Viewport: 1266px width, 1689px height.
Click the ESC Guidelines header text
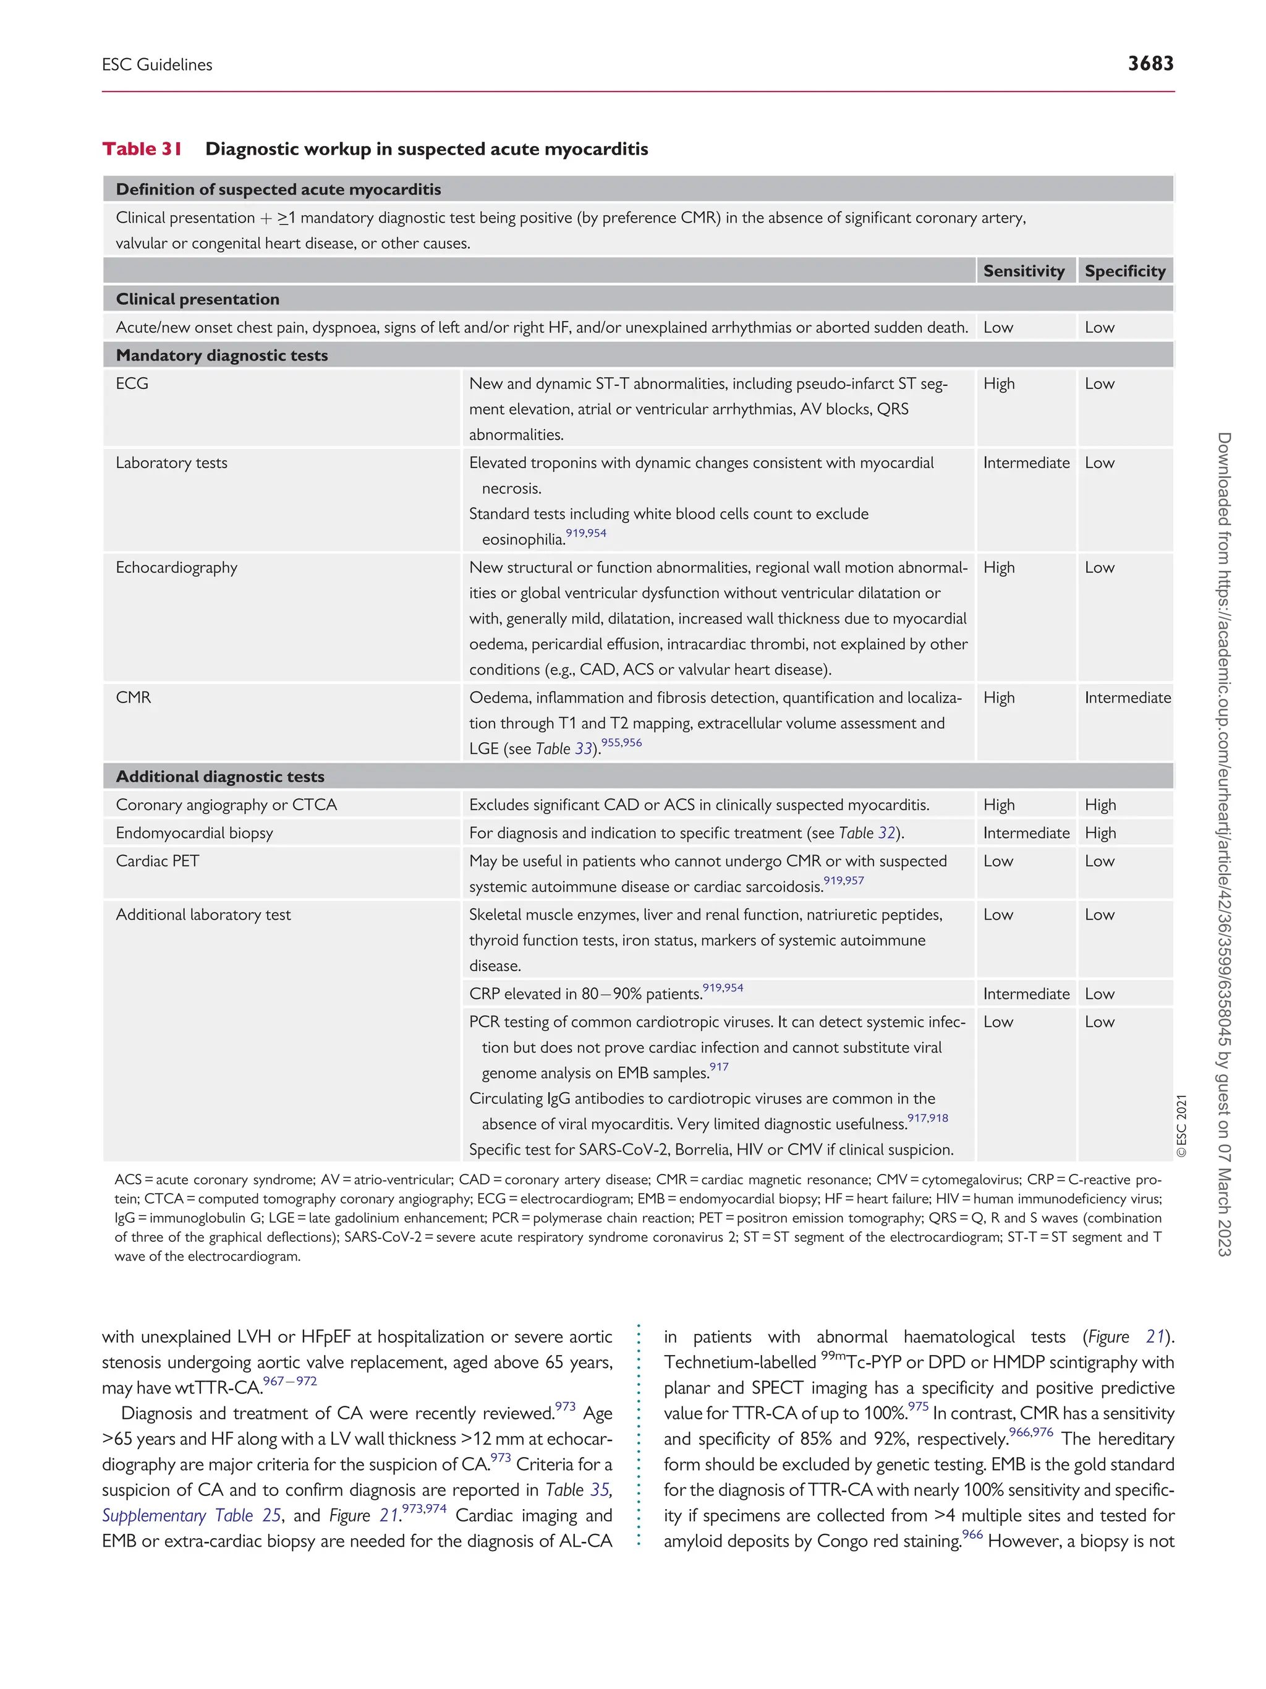157,65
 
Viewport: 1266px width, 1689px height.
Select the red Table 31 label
142,149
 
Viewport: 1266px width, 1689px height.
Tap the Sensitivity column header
1023,271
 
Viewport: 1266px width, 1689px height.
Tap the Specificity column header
1125,271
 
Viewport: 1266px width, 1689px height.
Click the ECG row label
132,383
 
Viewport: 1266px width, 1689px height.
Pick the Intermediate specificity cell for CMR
1127,697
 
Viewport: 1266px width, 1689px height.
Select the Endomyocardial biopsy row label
194,833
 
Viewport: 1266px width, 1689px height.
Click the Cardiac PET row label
157,862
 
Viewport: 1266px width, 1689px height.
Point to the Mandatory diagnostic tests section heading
221,355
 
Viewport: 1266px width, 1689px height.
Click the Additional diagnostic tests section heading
220,777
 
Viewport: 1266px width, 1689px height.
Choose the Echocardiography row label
176,567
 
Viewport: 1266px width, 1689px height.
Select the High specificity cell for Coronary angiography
1100,805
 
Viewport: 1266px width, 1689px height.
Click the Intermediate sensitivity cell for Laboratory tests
1026,463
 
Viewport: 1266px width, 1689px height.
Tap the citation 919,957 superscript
843,881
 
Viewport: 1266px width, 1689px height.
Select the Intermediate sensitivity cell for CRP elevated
1026,993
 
